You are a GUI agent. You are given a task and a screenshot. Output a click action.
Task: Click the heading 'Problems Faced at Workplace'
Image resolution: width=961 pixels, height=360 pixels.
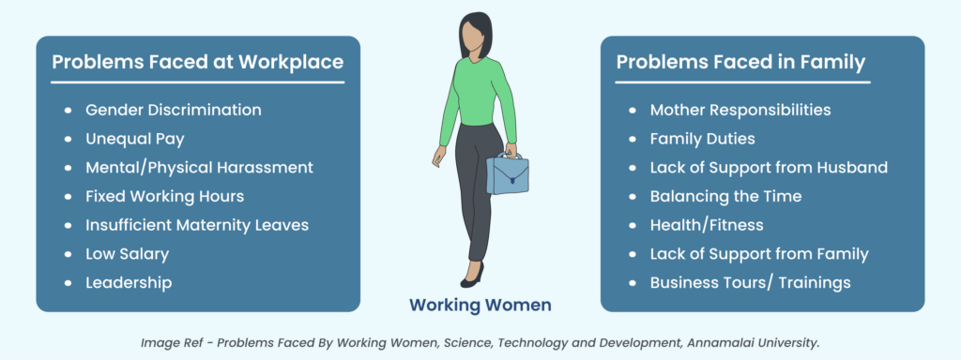click(197, 63)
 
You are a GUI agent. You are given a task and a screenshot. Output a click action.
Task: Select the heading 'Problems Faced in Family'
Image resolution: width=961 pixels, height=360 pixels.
click(740, 63)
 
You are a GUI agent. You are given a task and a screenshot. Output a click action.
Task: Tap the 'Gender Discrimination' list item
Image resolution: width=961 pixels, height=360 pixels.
click(173, 110)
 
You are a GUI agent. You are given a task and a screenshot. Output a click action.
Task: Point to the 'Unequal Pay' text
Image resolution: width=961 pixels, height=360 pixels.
click(134, 139)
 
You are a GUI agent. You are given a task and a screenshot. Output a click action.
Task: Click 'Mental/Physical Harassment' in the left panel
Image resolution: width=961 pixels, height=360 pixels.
click(199, 168)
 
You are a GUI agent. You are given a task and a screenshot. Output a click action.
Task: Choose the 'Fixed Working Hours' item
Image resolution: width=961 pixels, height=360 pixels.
click(164, 196)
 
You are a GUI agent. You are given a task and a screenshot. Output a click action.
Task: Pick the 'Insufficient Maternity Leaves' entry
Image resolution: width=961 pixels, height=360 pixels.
click(196, 225)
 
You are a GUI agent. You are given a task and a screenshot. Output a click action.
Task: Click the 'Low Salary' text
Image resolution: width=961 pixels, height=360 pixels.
click(129, 254)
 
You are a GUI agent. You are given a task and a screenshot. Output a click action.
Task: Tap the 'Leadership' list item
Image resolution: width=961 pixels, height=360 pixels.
click(129, 282)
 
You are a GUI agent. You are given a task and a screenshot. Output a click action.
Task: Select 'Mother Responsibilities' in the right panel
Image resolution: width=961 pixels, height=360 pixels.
click(740, 110)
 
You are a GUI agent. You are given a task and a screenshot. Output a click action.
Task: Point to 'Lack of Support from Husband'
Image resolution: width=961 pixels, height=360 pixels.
click(769, 168)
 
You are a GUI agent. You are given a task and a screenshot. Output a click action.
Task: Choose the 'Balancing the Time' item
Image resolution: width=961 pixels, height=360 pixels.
click(725, 196)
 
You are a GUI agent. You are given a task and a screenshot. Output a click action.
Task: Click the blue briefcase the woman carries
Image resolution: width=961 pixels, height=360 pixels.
click(507, 174)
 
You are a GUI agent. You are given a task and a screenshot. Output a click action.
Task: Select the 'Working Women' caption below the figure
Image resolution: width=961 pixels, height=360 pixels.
click(480, 305)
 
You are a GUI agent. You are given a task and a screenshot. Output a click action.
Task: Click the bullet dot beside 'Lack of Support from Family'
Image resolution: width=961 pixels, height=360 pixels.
click(632, 254)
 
